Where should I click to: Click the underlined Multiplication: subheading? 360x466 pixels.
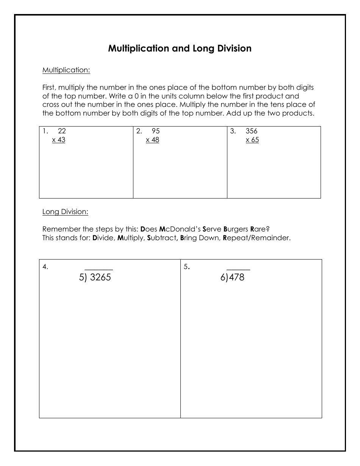[x=66, y=70]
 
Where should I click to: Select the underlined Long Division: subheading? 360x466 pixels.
[x=65, y=212]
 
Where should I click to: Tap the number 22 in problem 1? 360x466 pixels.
[x=62, y=131]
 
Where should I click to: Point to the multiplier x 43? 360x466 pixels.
[x=59, y=140]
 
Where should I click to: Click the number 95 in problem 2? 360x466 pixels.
[x=156, y=131]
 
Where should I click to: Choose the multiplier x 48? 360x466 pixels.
[x=152, y=140]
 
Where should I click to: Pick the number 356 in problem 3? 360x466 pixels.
[x=251, y=131]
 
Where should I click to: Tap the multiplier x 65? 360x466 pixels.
[x=252, y=140]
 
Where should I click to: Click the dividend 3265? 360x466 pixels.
[x=101, y=278]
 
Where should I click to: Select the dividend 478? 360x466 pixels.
[x=237, y=278]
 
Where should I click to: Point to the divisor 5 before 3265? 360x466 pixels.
[x=81, y=278]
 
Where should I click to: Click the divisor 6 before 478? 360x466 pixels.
[x=223, y=278]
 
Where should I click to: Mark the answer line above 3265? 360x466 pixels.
[x=99, y=269]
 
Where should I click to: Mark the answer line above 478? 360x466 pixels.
[x=238, y=269]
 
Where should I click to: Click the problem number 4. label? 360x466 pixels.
[x=45, y=267]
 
